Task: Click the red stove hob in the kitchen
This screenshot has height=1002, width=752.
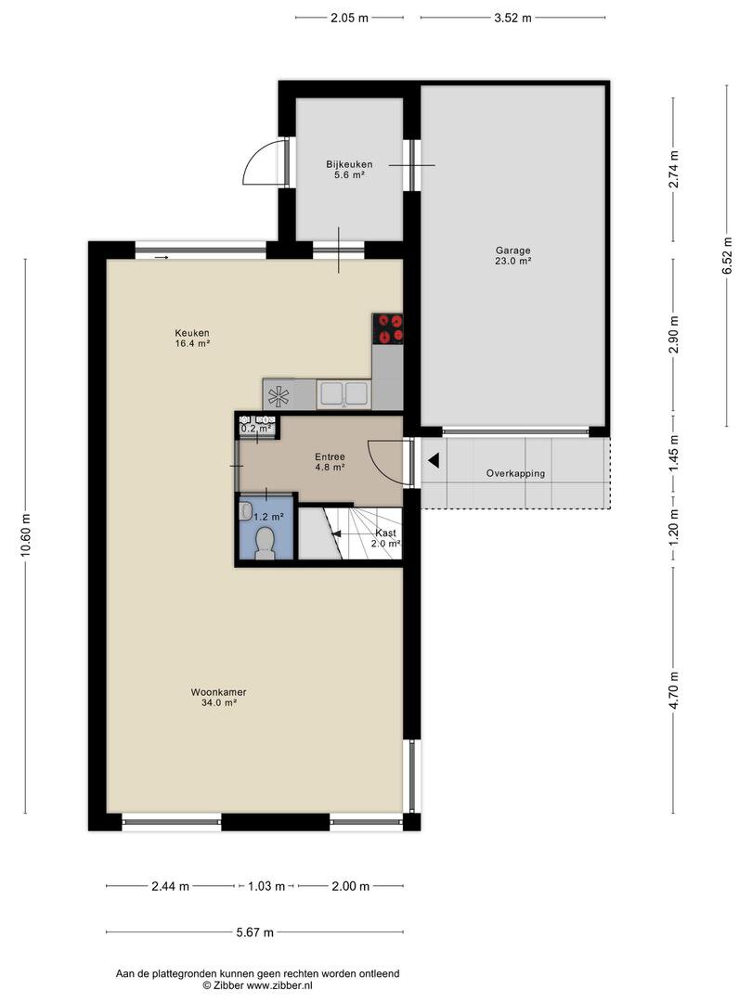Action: click(387, 328)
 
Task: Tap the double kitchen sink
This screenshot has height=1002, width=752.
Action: click(344, 393)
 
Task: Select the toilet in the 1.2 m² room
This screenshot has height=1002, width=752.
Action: click(264, 544)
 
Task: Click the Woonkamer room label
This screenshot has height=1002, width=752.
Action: click(218, 692)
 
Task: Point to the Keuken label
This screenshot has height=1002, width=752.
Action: click(192, 333)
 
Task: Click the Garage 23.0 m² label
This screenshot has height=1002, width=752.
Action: click(512, 256)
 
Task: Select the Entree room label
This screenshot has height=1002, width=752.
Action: click(330, 456)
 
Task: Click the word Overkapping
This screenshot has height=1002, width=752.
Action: click(515, 473)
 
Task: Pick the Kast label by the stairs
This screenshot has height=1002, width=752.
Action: click(385, 533)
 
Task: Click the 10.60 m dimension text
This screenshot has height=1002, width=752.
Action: click(26, 535)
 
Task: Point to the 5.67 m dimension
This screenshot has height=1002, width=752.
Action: click(255, 932)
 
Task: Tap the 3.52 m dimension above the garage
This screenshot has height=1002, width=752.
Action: click(512, 18)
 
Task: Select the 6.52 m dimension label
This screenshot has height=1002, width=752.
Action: click(727, 256)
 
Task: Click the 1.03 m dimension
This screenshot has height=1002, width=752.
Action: click(266, 886)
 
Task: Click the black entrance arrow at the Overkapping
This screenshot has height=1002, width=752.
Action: click(434, 460)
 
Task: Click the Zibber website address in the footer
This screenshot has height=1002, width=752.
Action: click(279, 985)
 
